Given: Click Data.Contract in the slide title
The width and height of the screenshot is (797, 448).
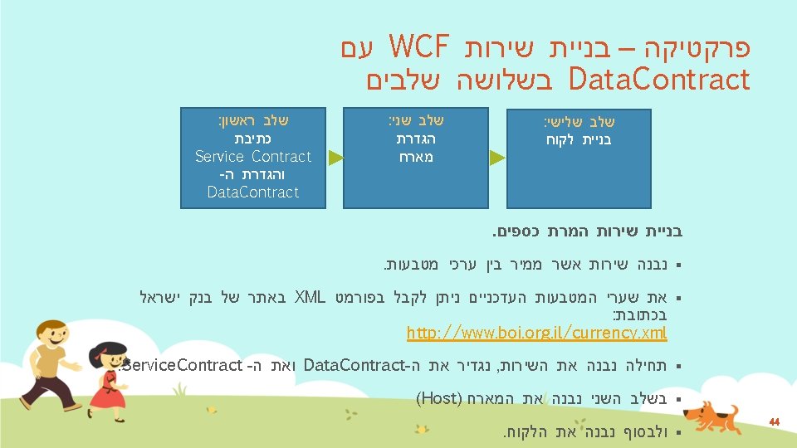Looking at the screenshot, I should pyautogui.click(x=658, y=80).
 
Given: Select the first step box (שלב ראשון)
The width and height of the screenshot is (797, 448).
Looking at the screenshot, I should pyautogui.click(x=252, y=156).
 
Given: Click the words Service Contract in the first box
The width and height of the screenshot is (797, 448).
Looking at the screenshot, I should pyautogui.click(x=252, y=156).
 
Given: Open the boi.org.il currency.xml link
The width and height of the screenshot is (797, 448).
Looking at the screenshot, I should pyautogui.click(x=536, y=333).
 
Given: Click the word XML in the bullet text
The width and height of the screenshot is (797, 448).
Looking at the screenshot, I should pyautogui.click(x=309, y=297).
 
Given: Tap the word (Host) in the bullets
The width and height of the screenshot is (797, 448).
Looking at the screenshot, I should pyautogui.click(x=432, y=397).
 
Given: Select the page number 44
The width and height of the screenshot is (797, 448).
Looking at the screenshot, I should pyautogui.click(x=774, y=422).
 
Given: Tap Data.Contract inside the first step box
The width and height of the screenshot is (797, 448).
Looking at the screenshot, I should pyautogui.click(x=252, y=192).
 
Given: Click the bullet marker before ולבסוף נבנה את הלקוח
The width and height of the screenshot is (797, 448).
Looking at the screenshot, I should pyautogui.click(x=678, y=432).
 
